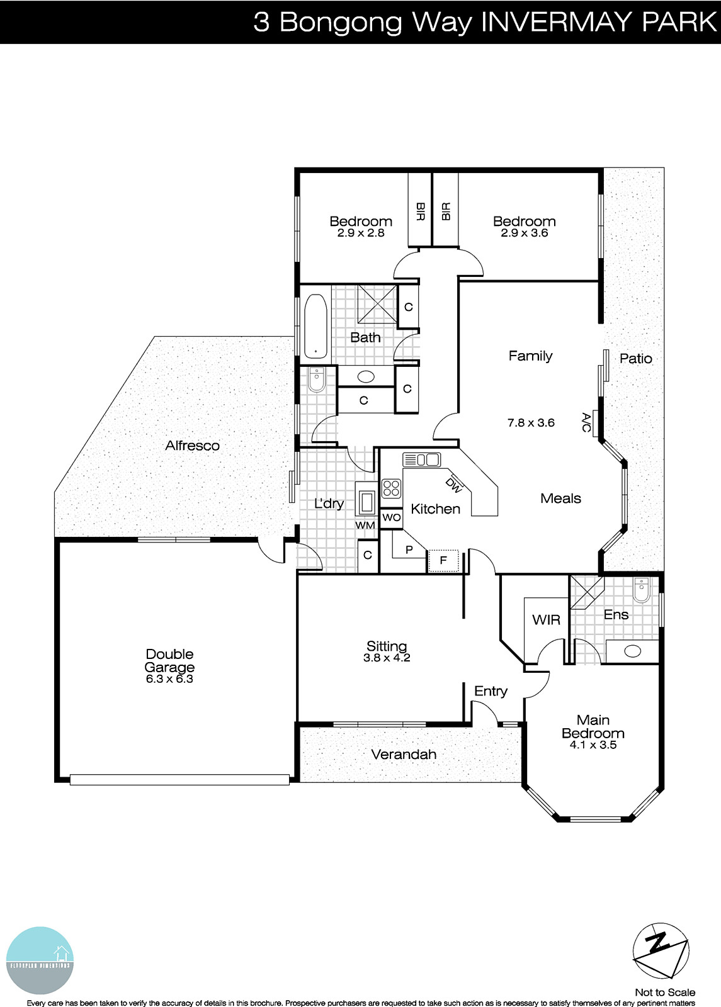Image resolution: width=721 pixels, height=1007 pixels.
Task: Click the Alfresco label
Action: click(x=192, y=446)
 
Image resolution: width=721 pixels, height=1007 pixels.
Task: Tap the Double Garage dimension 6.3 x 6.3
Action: click(x=169, y=679)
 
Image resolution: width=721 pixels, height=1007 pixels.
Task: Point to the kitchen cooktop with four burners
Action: click(x=391, y=488)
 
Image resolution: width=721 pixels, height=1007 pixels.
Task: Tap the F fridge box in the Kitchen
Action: click(x=443, y=560)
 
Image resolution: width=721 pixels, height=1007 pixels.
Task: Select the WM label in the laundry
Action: click(x=365, y=525)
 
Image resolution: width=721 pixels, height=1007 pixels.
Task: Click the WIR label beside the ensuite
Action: click(x=546, y=620)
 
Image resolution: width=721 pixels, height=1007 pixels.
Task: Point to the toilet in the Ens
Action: click(x=642, y=592)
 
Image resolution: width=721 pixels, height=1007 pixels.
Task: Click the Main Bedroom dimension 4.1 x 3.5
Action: click(x=593, y=745)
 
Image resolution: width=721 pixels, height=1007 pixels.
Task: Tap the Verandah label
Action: click(x=404, y=754)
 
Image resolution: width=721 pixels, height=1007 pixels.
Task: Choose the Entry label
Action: click(x=491, y=691)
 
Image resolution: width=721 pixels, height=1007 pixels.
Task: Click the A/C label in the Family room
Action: click(x=587, y=422)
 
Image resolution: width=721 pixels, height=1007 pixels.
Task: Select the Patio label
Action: click(x=635, y=359)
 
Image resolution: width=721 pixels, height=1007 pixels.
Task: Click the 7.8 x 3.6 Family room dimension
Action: click(x=531, y=423)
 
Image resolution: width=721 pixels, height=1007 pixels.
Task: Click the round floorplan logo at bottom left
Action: click(x=40, y=960)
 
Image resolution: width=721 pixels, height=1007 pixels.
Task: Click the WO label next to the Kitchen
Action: click(x=392, y=518)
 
